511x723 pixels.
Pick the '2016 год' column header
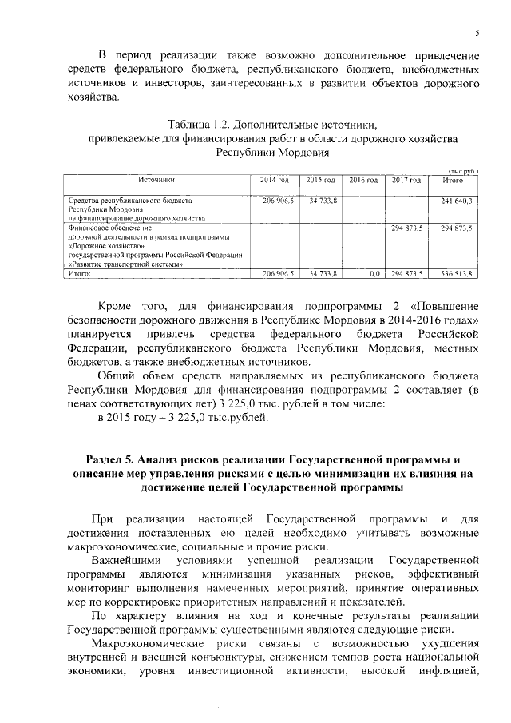pos(363,181)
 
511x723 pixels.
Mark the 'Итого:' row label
pos(81,273)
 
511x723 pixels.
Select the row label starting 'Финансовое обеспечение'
pos(105,228)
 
